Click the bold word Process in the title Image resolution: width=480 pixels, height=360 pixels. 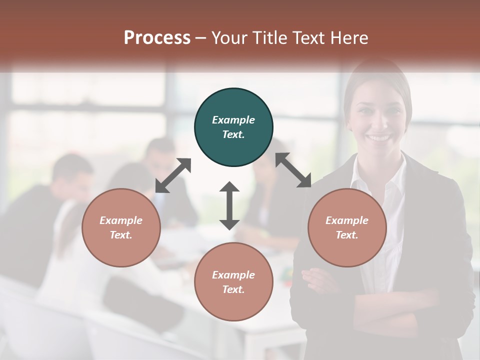click(x=157, y=38)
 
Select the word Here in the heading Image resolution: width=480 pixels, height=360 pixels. click(x=349, y=38)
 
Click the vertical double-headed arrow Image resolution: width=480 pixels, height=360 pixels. click(x=229, y=206)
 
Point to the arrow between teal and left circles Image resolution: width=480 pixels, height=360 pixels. click(x=173, y=175)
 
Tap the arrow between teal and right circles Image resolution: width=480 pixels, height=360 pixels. click(x=293, y=170)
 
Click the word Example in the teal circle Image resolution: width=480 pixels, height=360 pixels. click(x=233, y=120)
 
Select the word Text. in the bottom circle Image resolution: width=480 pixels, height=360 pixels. click(x=233, y=289)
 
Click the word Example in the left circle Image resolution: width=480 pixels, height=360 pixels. click(x=121, y=220)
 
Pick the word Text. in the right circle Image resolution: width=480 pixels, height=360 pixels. click(x=347, y=235)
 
